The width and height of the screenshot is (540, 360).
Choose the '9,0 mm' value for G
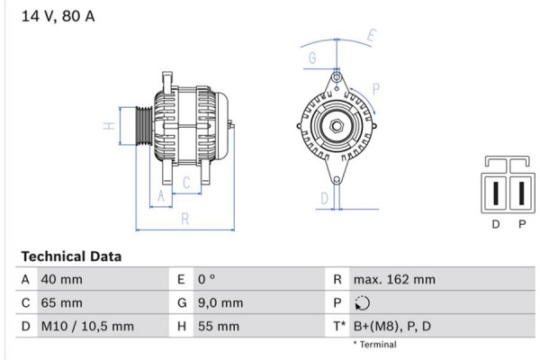click(x=220, y=303)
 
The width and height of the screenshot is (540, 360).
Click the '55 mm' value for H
click(x=216, y=327)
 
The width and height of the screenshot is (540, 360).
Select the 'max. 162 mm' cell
click(x=394, y=280)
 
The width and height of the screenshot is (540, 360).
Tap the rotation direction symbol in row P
click(x=362, y=303)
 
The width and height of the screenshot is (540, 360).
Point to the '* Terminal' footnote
click(x=373, y=345)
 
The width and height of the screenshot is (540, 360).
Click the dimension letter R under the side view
click(x=184, y=218)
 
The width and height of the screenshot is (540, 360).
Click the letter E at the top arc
click(x=372, y=37)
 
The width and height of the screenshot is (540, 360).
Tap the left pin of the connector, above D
click(x=496, y=193)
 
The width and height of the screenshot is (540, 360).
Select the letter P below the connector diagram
click(x=521, y=225)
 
